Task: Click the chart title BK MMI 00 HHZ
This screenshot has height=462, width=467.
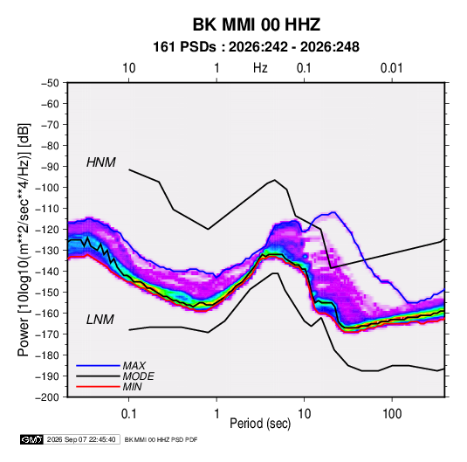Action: tap(257, 24)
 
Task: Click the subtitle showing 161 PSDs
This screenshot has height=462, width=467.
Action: tap(256, 47)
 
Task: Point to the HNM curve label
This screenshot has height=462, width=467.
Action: tap(101, 162)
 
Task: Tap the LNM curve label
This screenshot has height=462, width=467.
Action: tap(100, 320)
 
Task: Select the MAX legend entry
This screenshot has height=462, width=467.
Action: tap(134, 365)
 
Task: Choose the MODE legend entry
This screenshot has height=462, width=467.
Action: tap(138, 376)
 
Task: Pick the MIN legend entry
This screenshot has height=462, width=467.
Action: tap(132, 387)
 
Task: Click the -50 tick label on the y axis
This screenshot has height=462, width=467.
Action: tap(50, 83)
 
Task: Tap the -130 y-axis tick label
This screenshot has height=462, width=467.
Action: tap(47, 251)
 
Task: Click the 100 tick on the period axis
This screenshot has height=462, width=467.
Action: tap(392, 414)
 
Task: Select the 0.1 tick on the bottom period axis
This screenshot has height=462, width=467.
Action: tap(128, 414)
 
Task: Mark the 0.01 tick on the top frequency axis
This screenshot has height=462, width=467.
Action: tap(391, 68)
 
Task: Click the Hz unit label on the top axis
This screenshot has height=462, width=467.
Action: tap(260, 68)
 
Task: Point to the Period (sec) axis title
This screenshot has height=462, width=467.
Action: tap(260, 424)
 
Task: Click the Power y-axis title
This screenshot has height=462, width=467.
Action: tap(24, 239)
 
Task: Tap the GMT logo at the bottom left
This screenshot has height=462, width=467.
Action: tap(32, 439)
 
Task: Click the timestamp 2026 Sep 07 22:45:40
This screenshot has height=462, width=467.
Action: tap(81, 439)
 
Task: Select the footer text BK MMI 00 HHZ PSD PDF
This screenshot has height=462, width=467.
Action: tap(161, 439)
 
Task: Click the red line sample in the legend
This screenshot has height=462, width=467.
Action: tap(98, 387)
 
